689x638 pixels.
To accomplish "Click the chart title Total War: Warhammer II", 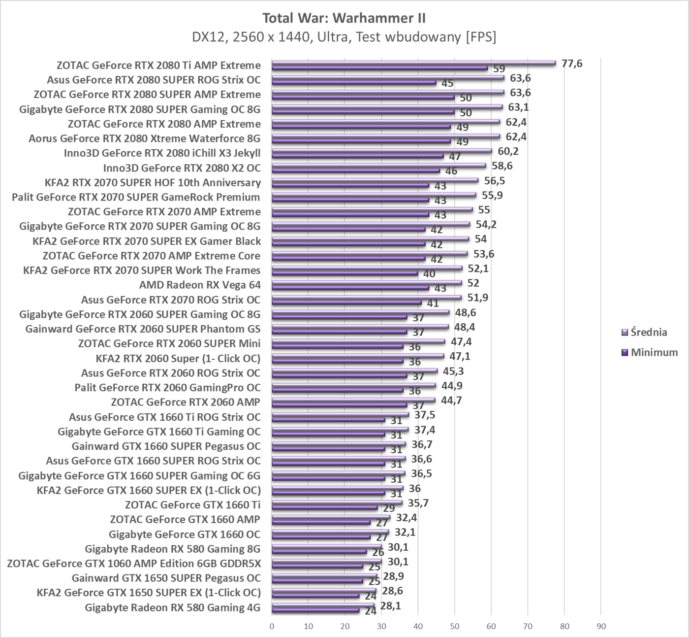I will [x=344, y=18].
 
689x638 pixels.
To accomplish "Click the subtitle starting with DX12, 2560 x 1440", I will [x=344, y=37].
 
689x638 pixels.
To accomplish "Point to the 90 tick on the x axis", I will [x=601, y=627].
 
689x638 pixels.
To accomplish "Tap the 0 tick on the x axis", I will [x=272, y=627].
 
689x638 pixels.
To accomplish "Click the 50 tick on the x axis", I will [x=455, y=627].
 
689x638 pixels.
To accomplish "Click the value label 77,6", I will [x=572, y=63].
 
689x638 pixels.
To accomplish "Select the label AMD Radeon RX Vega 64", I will [x=200, y=285].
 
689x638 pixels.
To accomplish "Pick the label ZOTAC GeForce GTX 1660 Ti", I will [x=192, y=504].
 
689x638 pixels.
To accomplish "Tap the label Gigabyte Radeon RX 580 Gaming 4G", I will [x=172, y=607].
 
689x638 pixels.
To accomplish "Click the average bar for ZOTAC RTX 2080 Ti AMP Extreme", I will [x=413, y=63].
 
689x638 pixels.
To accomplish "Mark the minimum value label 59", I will [x=499, y=69].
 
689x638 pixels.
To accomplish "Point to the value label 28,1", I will [x=390, y=605].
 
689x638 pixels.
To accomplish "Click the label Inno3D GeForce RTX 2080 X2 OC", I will [x=182, y=168].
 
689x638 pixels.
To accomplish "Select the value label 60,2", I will [x=508, y=151].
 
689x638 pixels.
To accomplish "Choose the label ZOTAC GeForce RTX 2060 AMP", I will [x=186, y=402].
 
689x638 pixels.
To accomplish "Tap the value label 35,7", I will [x=418, y=503].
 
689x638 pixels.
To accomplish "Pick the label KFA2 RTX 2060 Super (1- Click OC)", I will [x=178, y=358].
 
